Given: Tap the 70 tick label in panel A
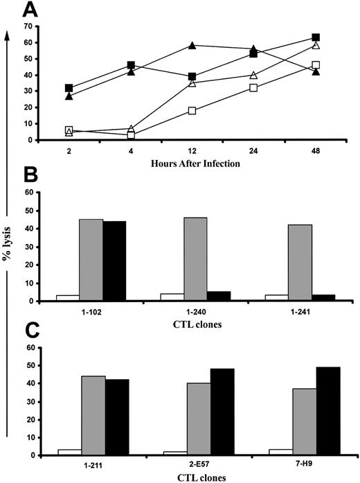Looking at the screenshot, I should point(28,26).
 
